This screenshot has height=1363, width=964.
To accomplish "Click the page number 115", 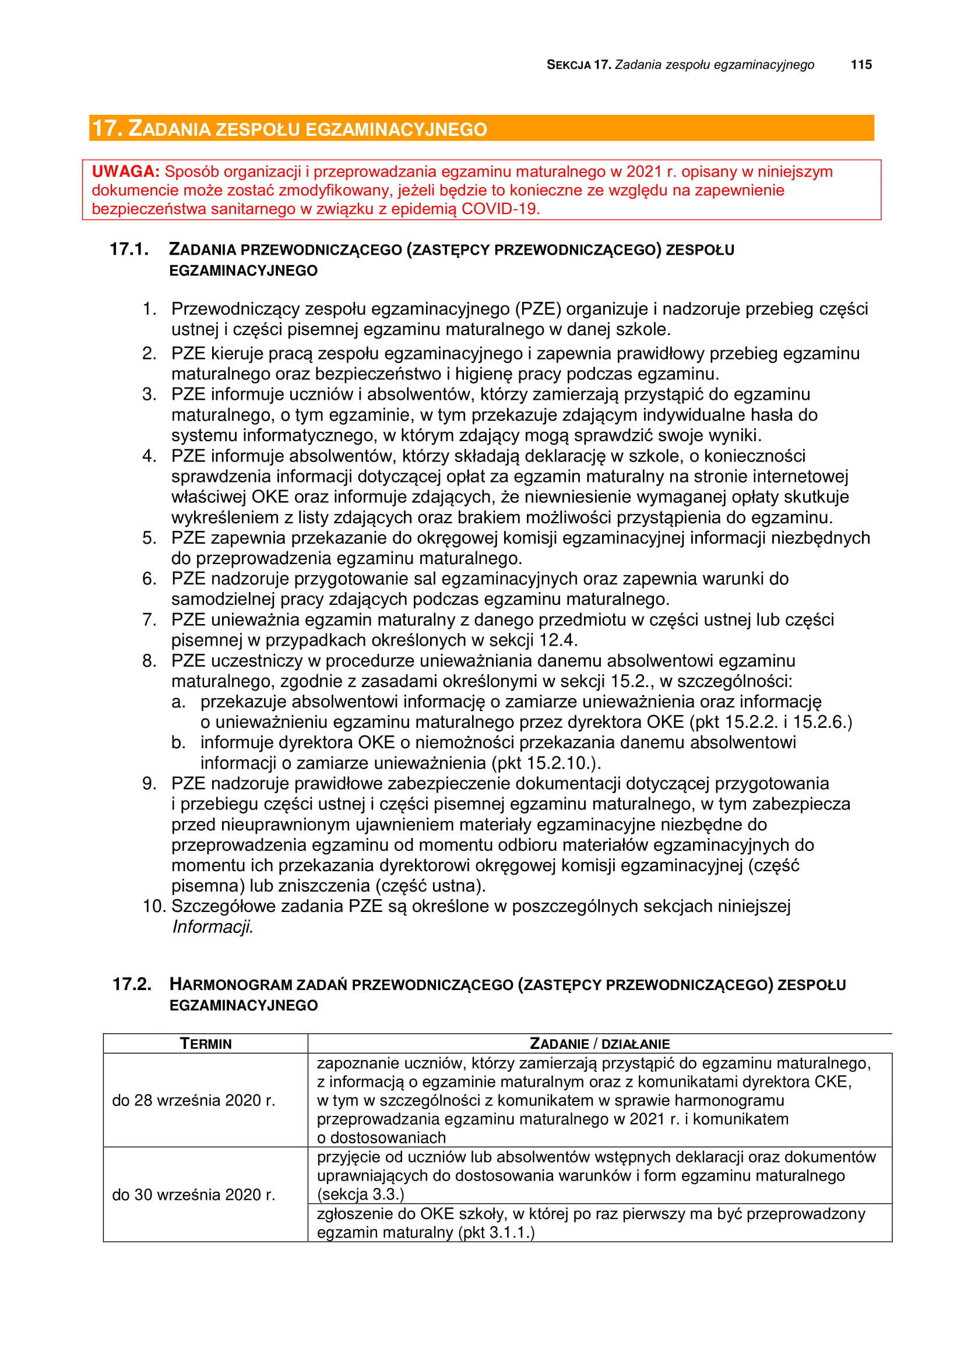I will (x=861, y=65).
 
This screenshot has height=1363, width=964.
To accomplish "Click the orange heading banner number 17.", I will (x=106, y=128).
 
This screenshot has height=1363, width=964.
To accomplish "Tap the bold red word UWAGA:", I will (x=125, y=171).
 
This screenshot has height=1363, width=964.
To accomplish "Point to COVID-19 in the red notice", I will (x=500, y=209).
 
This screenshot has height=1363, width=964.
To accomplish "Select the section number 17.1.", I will (x=129, y=249).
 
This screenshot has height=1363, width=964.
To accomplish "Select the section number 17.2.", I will (x=132, y=984).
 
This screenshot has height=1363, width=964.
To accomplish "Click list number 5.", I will (x=149, y=538).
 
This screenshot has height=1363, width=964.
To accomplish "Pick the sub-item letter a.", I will (x=178, y=702).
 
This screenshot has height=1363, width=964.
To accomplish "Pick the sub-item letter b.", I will (x=178, y=742).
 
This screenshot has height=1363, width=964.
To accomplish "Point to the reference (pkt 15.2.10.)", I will (x=546, y=763).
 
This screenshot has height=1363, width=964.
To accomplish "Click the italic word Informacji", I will (x=213, y=927).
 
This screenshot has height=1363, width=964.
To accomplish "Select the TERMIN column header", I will (x=205, y=1044).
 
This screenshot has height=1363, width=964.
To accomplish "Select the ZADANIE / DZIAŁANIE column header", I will (x=600, y=1044).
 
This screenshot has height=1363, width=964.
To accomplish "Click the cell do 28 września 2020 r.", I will (x=193, y=1100).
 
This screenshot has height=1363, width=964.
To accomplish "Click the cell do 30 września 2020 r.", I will (x=193, y=1195).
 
